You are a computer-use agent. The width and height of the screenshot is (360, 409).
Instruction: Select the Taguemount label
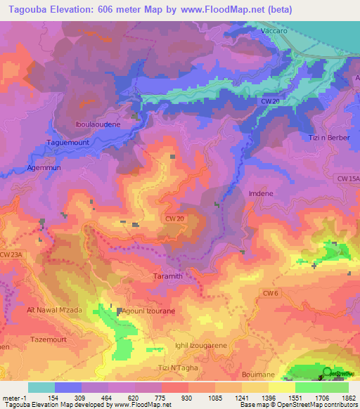point(70,141)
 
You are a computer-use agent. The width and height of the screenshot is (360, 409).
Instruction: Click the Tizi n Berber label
point(329,137)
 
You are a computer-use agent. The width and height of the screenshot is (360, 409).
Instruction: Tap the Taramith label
point(168,276)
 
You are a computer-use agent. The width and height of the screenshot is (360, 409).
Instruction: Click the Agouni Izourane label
point(149,310)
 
